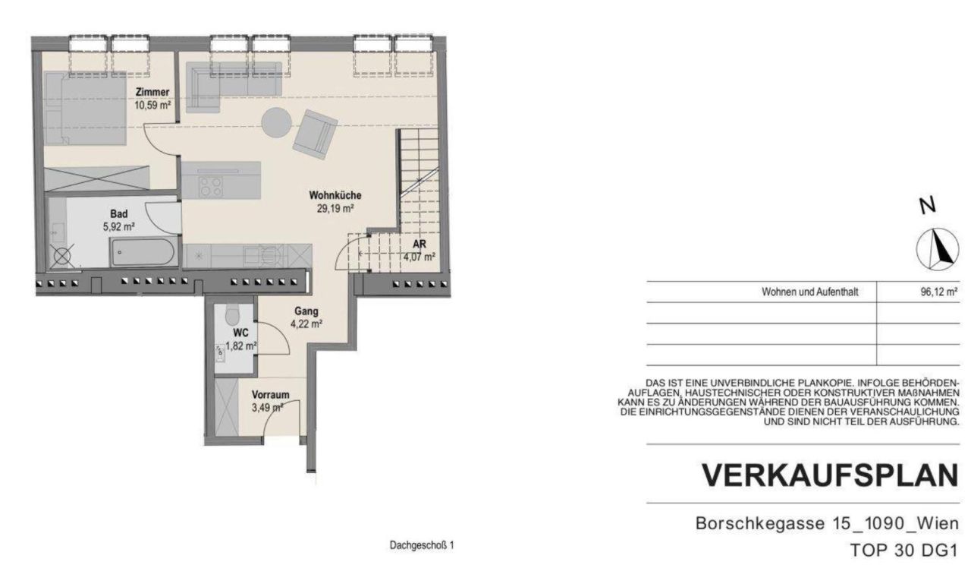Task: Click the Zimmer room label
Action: point(152,93)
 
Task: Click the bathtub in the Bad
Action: point(143,252)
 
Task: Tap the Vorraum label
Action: point(270,395)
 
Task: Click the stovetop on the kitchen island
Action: point(210,187)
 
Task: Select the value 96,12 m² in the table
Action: point(938,292)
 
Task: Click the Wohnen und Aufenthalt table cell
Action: point(809,292)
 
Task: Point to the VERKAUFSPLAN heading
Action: point(829,475)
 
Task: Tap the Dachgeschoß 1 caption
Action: point(422,546)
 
